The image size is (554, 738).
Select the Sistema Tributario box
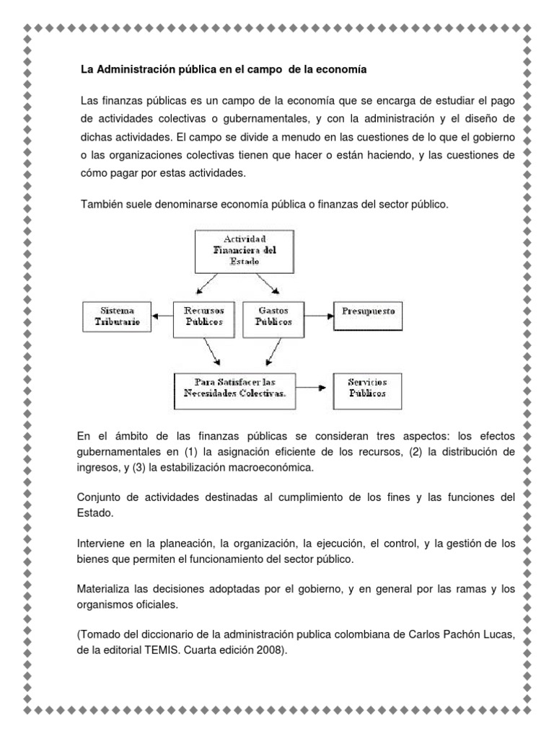point(118,315)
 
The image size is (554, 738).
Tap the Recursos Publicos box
point(203,315)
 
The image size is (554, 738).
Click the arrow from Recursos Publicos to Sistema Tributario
point(163,315)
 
